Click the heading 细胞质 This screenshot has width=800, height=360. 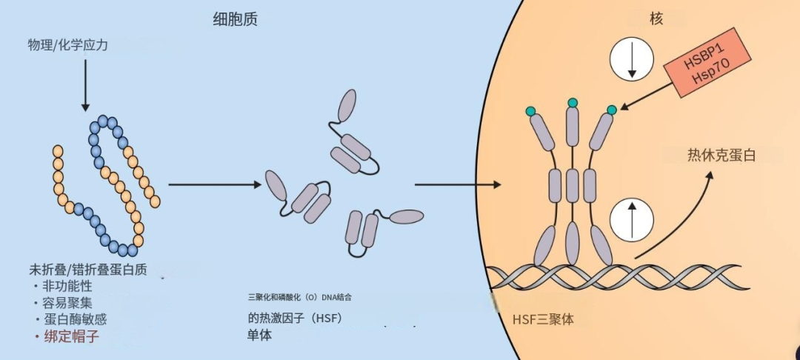coord(235,21)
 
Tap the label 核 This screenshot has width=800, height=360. coord(656,19)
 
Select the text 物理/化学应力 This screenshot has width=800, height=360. coord(67,45)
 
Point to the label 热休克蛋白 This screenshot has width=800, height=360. coord(721,156)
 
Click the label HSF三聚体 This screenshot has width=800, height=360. coord(543,321)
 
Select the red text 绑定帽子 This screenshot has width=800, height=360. coord(71,336)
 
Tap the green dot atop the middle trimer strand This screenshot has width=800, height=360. coord(572,102)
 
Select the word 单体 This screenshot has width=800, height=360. coord(260,335)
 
